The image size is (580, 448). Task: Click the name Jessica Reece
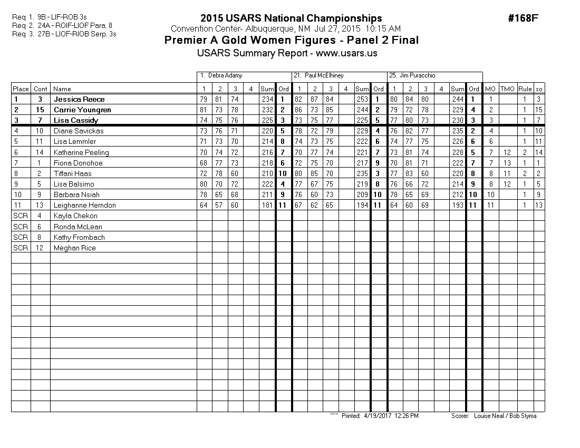[x=79, y=99]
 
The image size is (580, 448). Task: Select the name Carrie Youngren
[x=83, y=110]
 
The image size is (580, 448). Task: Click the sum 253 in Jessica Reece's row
[x=362, y=99]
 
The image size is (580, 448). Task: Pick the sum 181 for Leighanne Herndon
[x=267, y=205]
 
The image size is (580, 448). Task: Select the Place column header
[x=21, y=89]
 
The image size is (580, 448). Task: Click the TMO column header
[x=507, y=89]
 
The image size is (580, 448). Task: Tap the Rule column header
[x=525, y=89]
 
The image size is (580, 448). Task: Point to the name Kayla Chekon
[x=75, y=216]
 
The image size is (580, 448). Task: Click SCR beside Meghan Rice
[x=21, y=248]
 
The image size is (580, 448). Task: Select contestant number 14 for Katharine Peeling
[x=40, y=152]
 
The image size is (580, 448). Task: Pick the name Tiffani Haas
[x=72, y=173]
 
